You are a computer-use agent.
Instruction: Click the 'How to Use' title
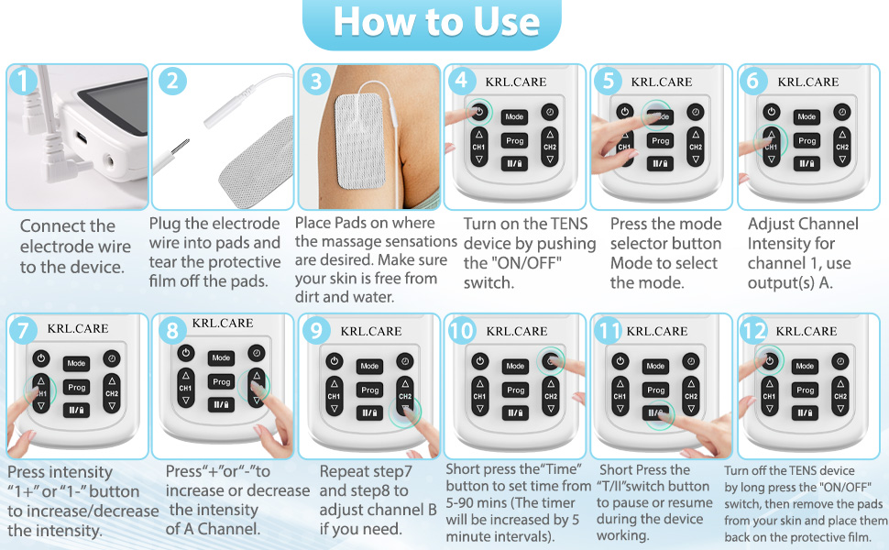click(x=436, y=22)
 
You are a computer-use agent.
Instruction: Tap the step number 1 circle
click(x=23, y=81)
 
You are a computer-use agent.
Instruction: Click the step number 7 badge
click(x=23, y=329)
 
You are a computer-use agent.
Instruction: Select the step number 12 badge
click(x=754, y=329)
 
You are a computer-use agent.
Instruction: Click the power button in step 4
click(x=479, y=112)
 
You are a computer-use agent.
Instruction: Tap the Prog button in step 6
click(x=807, y=140)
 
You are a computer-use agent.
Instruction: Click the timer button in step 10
click(x=550, y=361)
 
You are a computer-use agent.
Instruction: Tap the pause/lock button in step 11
click(x=655, y=413)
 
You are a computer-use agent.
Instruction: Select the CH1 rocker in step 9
click(x=334, y=396)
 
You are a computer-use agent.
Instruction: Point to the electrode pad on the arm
click(x=359, y=141)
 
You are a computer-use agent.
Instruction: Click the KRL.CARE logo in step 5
click(x=662, y=82)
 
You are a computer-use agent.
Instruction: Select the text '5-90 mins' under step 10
click(x=476, y=503)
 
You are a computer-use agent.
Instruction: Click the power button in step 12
click(x=769, y=360)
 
